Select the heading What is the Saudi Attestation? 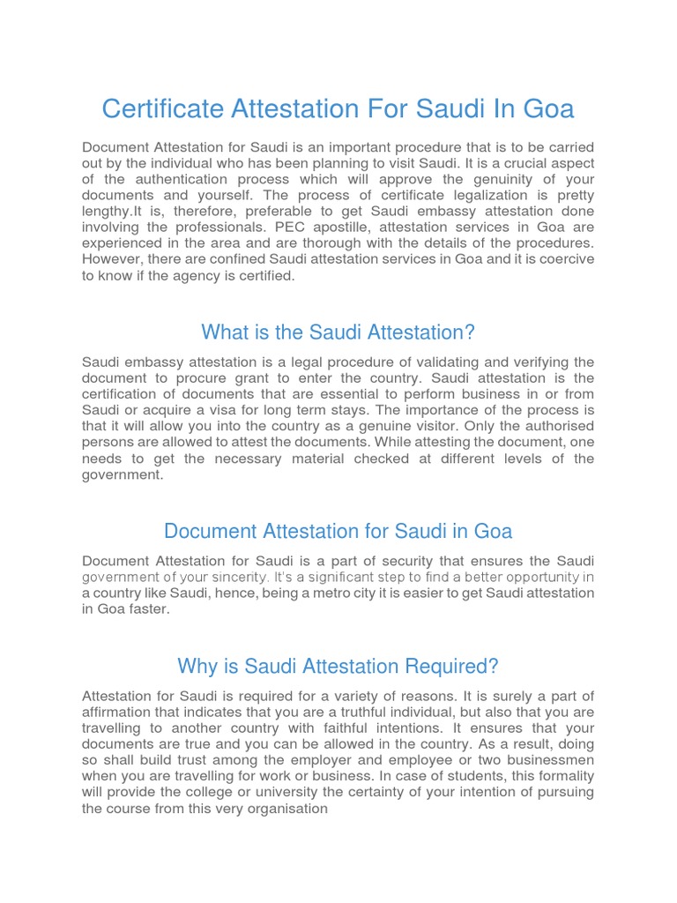pos(338,332)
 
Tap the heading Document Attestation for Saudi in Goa pos(338,532)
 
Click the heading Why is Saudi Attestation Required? pos(338,666)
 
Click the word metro pos(317,593)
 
